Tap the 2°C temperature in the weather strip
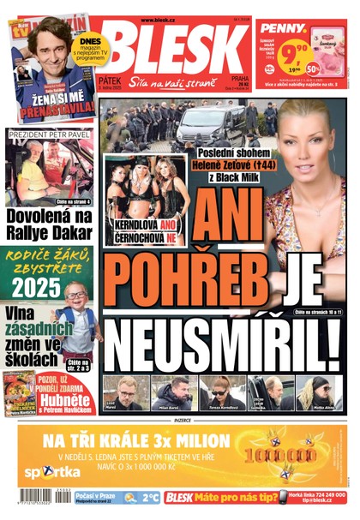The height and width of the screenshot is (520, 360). coord(151,497)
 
